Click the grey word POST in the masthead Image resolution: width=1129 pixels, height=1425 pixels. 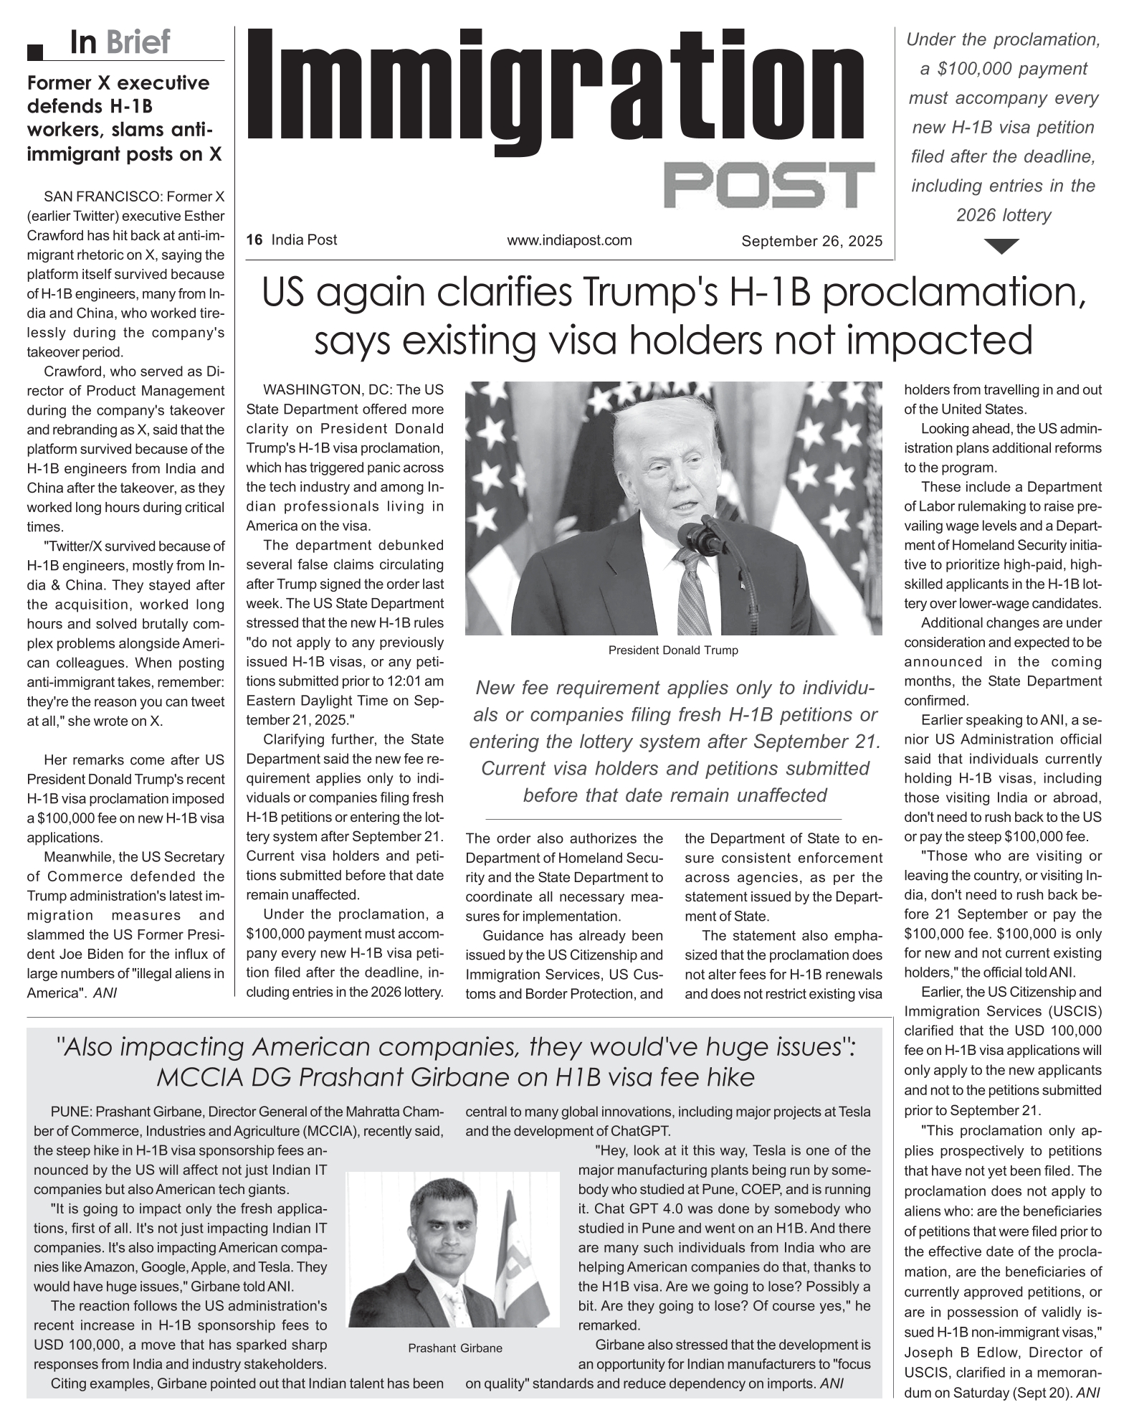pyautogui.click(x=769, y=185)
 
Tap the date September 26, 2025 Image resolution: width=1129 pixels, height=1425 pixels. pyautogui.click(x=811, y=241)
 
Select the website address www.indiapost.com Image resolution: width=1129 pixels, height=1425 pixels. pyautogui.click(x=569, y=240)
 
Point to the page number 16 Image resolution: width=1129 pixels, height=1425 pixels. pyautogui.click(x=254, y=240)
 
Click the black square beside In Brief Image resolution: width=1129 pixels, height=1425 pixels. pyautogui.click(x=36, y=52)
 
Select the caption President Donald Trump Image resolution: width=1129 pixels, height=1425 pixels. pyautogui.click(x=672, y=650)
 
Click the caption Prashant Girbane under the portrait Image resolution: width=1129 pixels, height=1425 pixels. pyautogui.click(x=455, y=1348)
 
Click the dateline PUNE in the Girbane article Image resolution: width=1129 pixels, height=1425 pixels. pyautogui.click(x=70, y=1112)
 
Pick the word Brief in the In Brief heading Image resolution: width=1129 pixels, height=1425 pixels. pyautogui.click(x=138, y=42)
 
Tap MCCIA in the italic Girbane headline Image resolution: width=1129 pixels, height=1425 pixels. pyautogui.click(x=191, y=1077)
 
